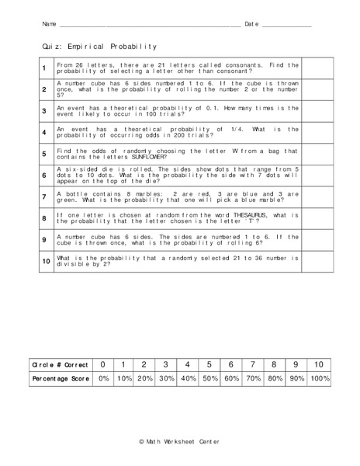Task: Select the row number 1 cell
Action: [44, 68]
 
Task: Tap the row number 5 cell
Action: [44, 154]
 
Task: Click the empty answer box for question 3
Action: [316, 111]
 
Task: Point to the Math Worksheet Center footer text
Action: [179, 442]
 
